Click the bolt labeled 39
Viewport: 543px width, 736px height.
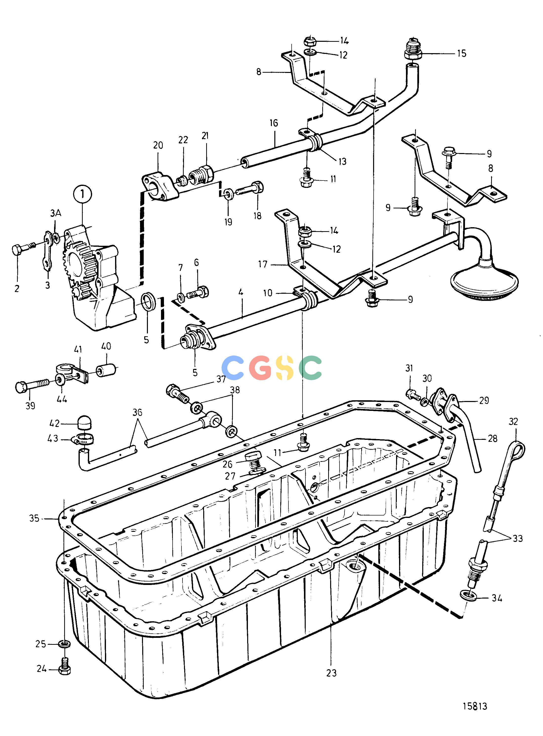tap(32, 386)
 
